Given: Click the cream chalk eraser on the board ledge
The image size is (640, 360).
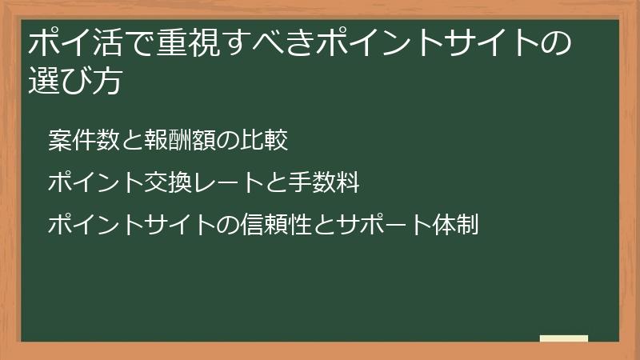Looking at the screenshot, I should [x=564, y=338].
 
